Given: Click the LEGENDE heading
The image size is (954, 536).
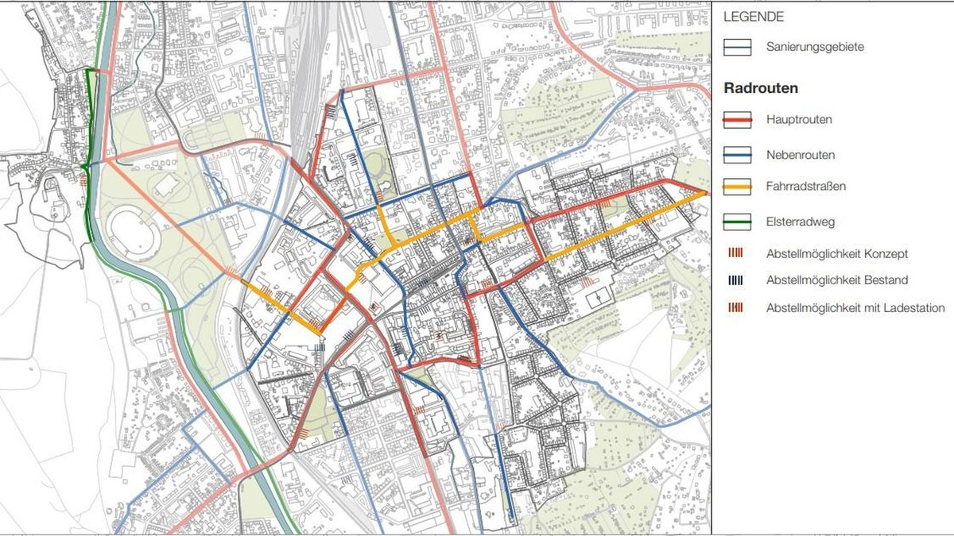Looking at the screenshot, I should pyautogui.click(x=754, y=16).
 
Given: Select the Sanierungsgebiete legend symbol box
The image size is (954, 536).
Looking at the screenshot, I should pyautogui.click(x=737, y=48).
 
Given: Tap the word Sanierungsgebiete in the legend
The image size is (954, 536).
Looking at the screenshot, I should pyautogui.click(x=815, y=48).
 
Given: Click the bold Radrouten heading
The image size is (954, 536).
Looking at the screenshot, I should pyautogui.click(x=761, y=88).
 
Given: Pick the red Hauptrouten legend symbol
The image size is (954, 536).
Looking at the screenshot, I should pyautogui.click(x=737, y=120).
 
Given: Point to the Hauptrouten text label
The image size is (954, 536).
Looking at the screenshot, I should pyautogui.click(x=800, y=120).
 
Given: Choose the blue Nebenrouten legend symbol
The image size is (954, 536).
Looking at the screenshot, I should pyautogui.click(x=737, y=154).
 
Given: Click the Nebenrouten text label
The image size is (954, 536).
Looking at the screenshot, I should pyautogui.click(x=801, y=155).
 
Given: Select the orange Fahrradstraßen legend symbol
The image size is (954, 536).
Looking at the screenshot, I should pyautogui.click(x=737, y=187).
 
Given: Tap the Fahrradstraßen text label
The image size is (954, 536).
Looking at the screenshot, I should pyautogui.click(x=806, y=187).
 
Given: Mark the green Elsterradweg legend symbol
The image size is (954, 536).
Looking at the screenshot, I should pyautogui.click(x=737, y=222).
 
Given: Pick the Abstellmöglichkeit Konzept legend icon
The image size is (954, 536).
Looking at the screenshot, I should pyautogui.click(x=737, y=253).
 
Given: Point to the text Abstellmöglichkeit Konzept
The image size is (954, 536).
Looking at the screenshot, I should pyautogui.click(x=837, y=254).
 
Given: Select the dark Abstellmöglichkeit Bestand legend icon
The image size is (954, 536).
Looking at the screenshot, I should pyautogui.click(x=737, y=280).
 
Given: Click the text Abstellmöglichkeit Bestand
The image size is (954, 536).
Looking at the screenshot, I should pyautogui.click(x=837, y=280).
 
